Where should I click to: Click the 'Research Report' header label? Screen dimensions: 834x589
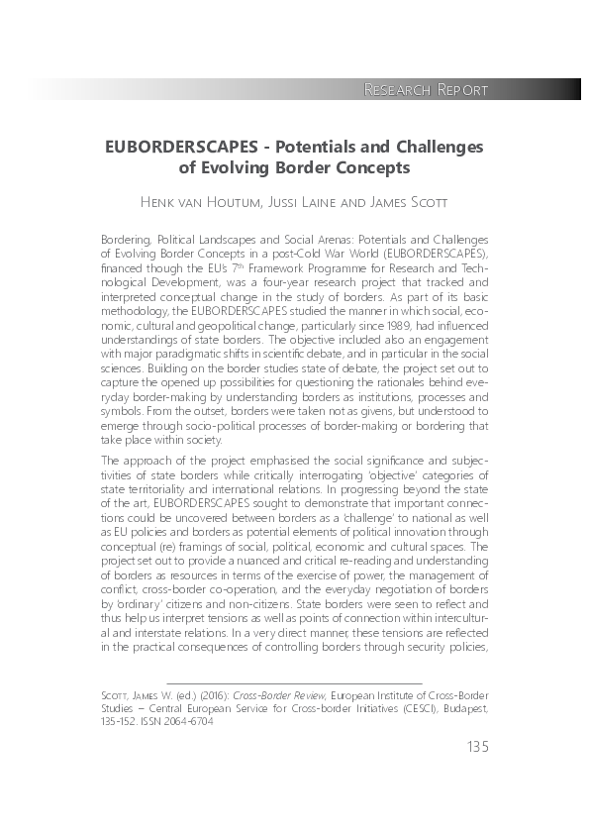click(x=426, y=90)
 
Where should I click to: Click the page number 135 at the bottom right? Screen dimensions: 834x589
click(x=475, y=746)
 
